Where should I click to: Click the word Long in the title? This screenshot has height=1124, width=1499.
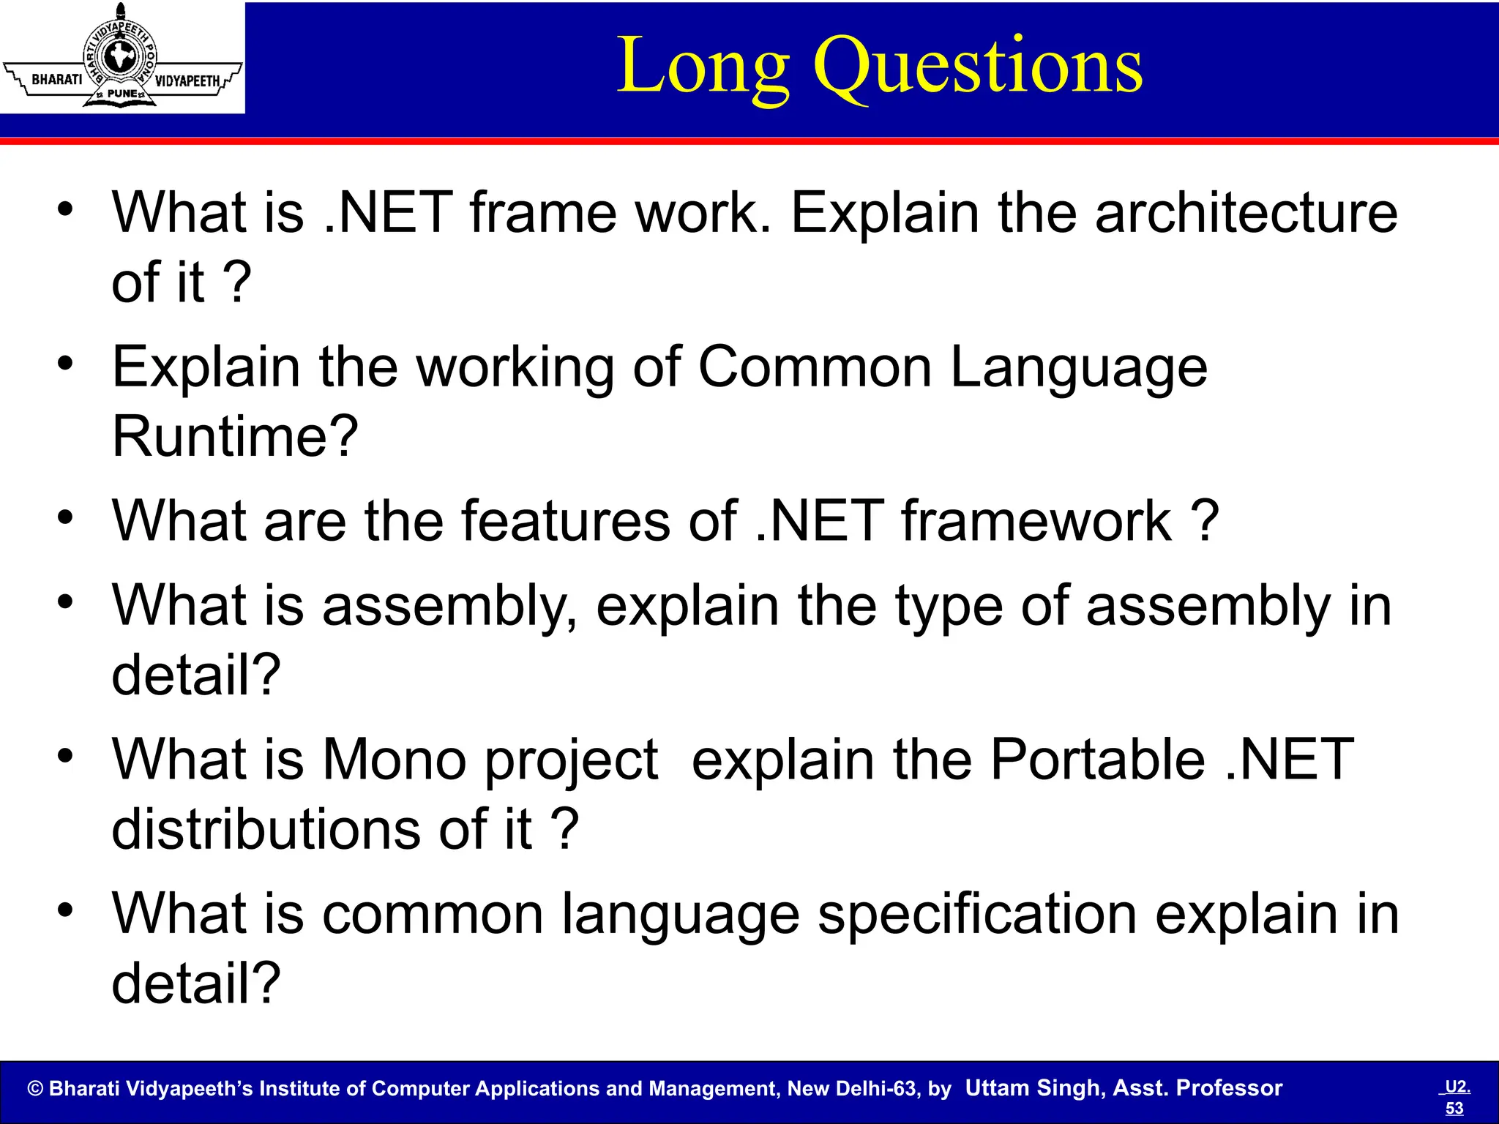703,67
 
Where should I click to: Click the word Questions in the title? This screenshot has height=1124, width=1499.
978,67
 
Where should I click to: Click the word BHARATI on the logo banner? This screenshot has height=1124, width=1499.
56,80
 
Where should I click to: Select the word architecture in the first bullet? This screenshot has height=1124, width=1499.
1246,213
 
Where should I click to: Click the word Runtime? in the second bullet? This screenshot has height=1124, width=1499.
235,437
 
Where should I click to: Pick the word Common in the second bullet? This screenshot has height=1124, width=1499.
815,367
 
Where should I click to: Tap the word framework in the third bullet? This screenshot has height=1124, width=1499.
1036,521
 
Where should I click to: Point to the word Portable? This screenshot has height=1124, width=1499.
1097,760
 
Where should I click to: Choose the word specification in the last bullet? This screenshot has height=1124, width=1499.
976,915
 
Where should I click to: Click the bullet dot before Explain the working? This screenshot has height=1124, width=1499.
66,363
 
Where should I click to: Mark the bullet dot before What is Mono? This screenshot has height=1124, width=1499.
66,756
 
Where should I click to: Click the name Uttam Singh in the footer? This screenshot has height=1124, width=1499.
1033,1088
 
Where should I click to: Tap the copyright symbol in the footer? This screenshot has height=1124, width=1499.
35,1089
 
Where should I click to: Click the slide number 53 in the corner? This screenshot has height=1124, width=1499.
1454,1109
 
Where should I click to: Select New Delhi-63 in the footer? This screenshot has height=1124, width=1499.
853,1089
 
